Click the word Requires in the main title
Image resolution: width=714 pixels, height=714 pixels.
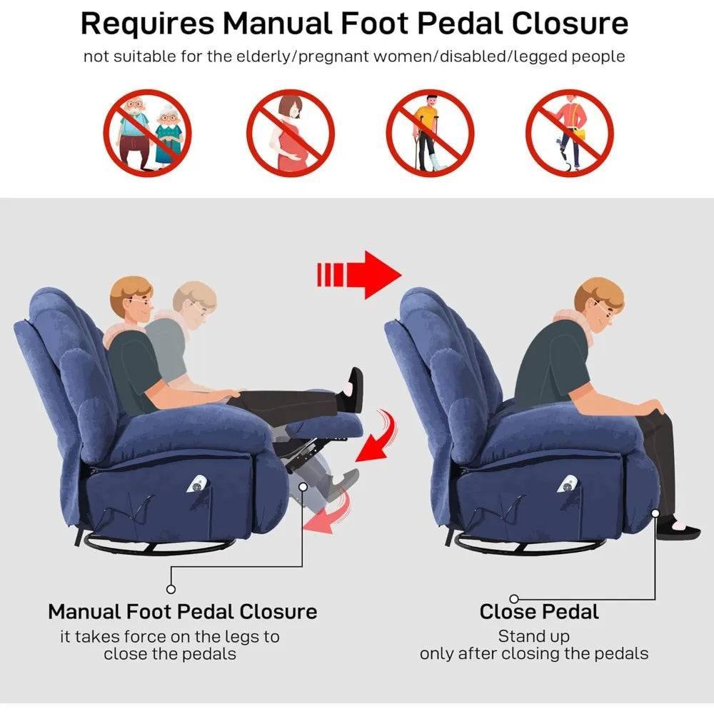pyautogui.click(x=147, y=24)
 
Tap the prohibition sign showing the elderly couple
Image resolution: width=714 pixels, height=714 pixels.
pyautogui.click(x=147, y=133)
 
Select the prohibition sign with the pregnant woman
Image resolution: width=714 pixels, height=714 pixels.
pyautogui.click(x=291, y=133)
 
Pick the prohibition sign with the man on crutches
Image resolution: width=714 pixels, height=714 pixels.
pyautogui.click(x=430, y=133)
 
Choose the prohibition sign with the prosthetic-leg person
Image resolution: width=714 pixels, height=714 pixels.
pyautogui.click(x=570, y=133)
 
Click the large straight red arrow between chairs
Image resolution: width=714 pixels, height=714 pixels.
pyautogui.click(x=359, y=275)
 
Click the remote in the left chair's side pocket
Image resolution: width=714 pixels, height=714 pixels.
pyautogui.click(x=196, y=484)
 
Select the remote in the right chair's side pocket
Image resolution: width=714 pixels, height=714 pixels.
pyautogui.click(x=568, y=484)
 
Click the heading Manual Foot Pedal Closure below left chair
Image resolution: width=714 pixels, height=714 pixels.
pyautogui.click(x=183, y=612)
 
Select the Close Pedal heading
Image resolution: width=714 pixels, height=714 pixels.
pyautogui.click(x=539, y=612)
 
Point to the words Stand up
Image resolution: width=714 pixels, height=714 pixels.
pyautogui.click(x=533, y=636)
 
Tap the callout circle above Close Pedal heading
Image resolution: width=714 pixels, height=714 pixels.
pyautogui.click(x=514, y=599)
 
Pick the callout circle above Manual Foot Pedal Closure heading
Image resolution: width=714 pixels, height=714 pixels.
pyautogui.click(x=171, y=589)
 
